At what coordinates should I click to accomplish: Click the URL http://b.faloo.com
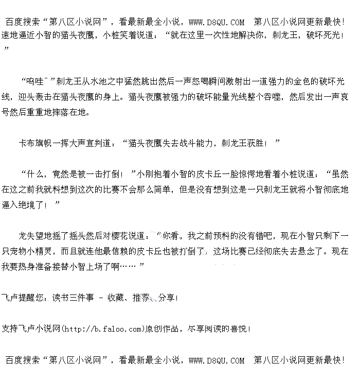(102, 328)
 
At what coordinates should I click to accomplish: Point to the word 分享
(167, 298)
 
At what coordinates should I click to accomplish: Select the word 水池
(98, 81)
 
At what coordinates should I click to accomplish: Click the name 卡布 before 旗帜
(26, 143)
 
